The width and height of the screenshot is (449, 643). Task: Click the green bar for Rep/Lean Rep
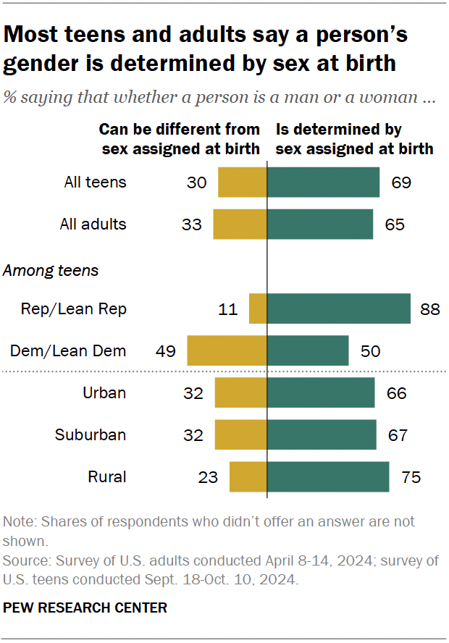pos(339,308)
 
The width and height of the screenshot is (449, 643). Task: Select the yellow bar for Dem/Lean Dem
pos(227,350)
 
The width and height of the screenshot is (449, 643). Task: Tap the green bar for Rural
pos(328,477)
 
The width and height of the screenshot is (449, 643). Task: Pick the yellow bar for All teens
pos(243,182)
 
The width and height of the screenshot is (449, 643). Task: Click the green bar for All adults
pos(320,224)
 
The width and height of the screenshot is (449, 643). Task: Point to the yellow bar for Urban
pos(241,393)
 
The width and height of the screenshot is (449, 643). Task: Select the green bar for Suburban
pos(322,435)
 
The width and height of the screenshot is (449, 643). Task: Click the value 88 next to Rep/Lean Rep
pos(429,308)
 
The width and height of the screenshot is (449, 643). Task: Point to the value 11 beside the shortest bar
pos(229,308)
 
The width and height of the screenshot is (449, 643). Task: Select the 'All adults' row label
pos(93,224)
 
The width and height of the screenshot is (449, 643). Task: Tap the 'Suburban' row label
pos(91,435)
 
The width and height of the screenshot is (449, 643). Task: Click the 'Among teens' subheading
pos(51,272)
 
